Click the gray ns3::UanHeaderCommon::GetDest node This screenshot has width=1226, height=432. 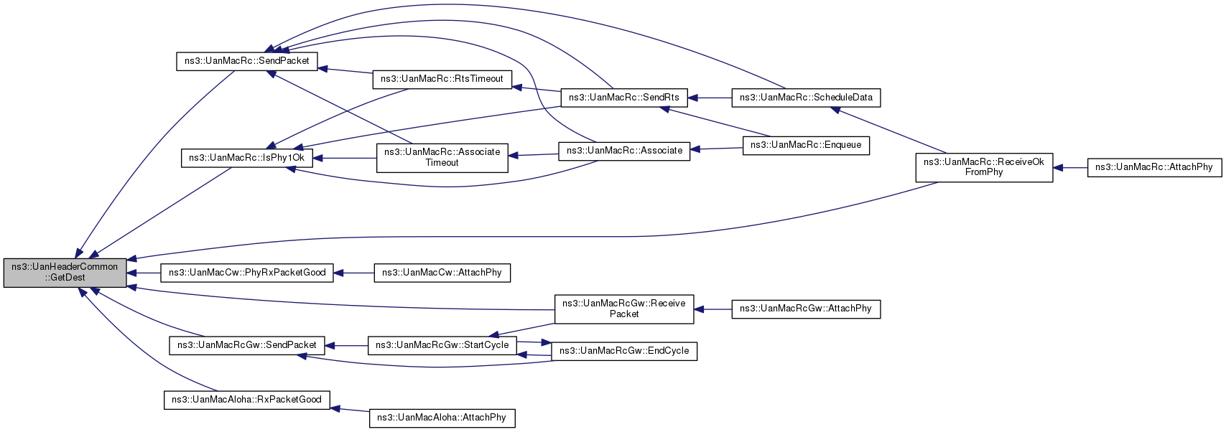(x=65, y=272)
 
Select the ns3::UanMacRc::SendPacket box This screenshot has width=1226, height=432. (x=246, y=61)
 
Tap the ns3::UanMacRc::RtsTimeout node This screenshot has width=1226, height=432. (x=442, y=79)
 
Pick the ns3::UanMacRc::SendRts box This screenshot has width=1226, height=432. (x=623, y=98)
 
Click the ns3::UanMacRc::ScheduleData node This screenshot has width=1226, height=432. (x=806, y=98)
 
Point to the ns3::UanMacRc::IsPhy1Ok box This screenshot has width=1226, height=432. (x=246, y=158)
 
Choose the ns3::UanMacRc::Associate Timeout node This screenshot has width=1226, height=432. (x=442, y=157)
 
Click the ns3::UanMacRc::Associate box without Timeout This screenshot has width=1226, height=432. (x=624, y=151)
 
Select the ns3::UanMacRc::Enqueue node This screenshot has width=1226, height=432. (x=806, y=145)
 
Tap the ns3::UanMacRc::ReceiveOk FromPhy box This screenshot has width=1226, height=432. (x=983, y=167)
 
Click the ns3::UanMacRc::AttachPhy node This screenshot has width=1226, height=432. (x=1153, y=167)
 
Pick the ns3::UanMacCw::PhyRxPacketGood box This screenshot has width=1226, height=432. (x=246, y=273)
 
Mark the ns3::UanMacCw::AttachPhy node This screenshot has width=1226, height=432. (x=442, y=273)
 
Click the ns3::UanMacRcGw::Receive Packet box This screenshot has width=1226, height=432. (x=623, y=309)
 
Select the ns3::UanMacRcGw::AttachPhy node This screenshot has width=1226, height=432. (x=806, y=309)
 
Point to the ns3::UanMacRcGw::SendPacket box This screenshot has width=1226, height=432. (x=246, y=345)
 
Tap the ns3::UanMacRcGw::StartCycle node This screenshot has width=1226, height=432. (x=442, y=345)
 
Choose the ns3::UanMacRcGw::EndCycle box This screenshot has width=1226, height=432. (x=623, y=351)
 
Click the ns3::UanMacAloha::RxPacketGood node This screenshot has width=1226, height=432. (x=246, y=400)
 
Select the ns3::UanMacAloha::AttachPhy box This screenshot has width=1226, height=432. (x=442, y=418)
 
